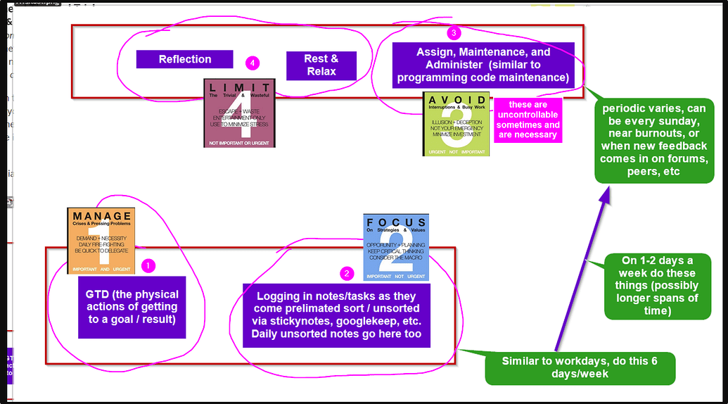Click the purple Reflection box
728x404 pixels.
(x=184, y=59)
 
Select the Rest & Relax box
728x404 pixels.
(x=321, y=65)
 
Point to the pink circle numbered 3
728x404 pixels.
(x=454, y=32)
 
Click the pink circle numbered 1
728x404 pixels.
(x=148, y=266)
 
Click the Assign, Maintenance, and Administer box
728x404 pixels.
(x=483, y=65)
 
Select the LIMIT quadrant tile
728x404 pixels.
(x=239, y=113)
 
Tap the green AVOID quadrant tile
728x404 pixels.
(x=456, y=124)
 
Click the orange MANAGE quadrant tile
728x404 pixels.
(x=101, y=241)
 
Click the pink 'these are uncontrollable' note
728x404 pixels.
(x=528, y=120)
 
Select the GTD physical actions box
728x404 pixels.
(x=132, y=307)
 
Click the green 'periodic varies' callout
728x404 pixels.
(x=653, y=141)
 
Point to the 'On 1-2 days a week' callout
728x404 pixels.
(x=658, y=286)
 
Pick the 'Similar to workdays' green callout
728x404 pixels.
(x=580, y=367)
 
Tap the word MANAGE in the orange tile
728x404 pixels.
(x=102, y=216)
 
